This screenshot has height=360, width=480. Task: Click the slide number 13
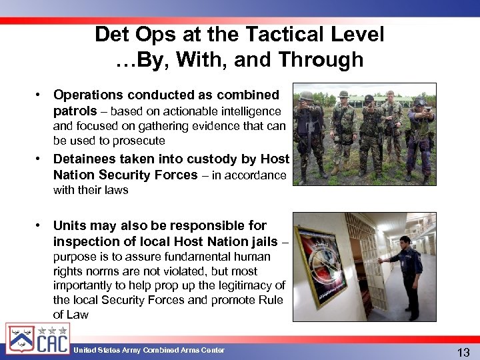coord(462,351)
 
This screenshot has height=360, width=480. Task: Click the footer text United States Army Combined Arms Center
coord(149,350)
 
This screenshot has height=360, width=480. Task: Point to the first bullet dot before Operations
coord(40,95)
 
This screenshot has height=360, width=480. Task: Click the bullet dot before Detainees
coord(40,159)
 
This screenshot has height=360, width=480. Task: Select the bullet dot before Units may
coord(40,226)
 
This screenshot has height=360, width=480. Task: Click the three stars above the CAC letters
coord(52,329)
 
